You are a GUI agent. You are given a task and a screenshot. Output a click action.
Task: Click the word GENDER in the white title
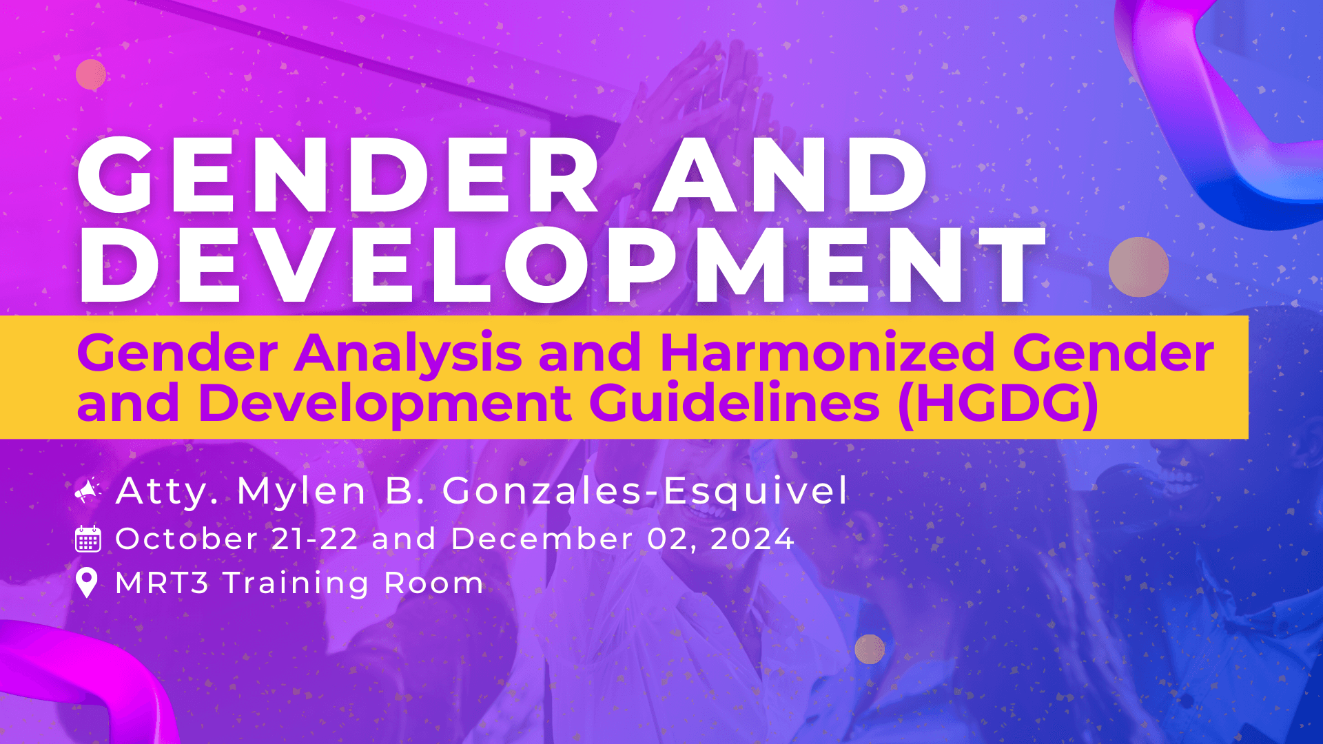click(338, 175)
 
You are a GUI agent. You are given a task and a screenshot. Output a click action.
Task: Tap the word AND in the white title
click(790, 175)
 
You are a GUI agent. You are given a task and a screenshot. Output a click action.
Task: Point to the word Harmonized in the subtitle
click(828, 352)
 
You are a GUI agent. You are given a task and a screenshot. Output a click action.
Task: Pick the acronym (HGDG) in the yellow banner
click(998, 405)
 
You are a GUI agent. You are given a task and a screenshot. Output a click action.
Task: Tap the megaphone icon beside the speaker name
click(88, 490)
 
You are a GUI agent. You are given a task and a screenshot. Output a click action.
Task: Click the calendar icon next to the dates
click(88, 539)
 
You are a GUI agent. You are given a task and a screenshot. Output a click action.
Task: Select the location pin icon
click(87, 583)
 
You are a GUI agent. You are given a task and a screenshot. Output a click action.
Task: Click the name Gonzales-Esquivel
click(645, 491)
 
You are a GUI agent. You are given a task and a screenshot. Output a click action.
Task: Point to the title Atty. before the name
click(167, 492)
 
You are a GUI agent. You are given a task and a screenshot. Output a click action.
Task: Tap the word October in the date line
click(187, 539)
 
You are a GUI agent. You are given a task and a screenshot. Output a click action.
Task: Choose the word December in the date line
click(542, 539)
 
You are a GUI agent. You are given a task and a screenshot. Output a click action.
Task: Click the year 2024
click(752, 539)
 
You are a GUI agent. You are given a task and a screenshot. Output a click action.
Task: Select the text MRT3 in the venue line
click(162, 583)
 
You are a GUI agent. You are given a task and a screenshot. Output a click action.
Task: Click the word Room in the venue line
click(434, 583)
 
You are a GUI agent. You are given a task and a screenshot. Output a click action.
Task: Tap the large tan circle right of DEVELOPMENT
click(1138, 267)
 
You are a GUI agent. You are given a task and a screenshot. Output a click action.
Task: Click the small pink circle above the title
click(91, 74)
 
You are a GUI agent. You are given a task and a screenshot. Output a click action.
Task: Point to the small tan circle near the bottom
click(870, 649)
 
